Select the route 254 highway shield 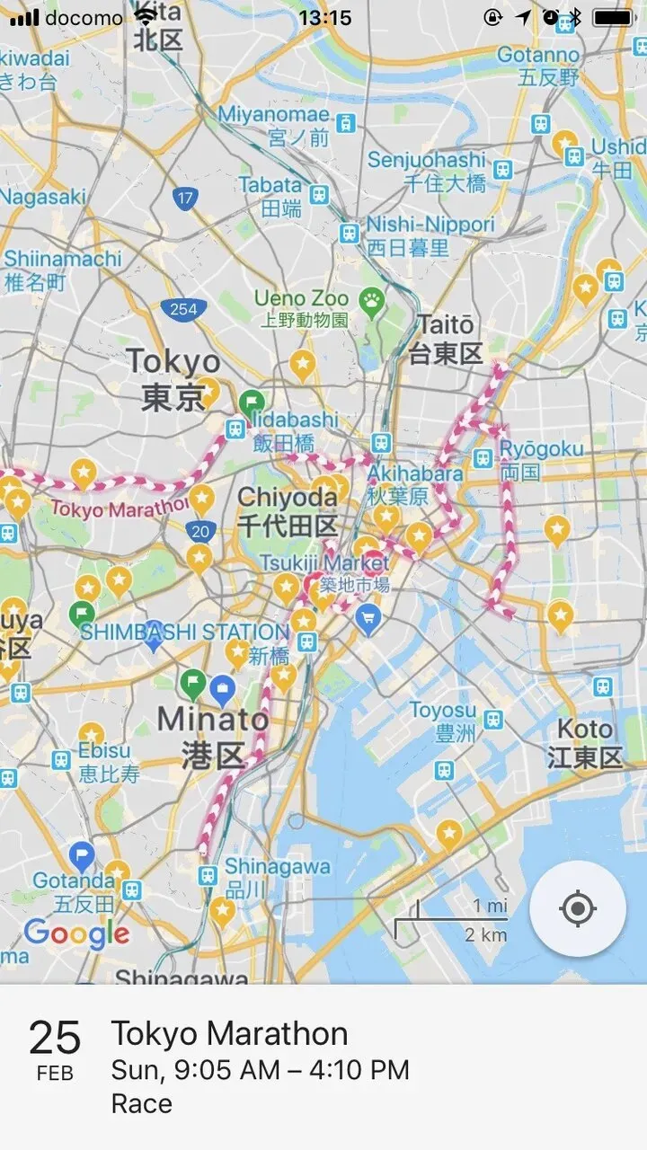pyautogui.click(x=183, y=310)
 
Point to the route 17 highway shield pyautogui.click(x=185, y=197)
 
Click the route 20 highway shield pyautogui.click(x=199, y=531)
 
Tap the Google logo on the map pyautogui.click(x=76, y=933)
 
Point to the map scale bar pyautogui.click(x=451, y=918)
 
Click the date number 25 pyautogui.click(x=55, y=1039)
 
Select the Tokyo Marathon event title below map pyautogui.click(x=229, y=1034)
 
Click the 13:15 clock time pyautogui.click(x=324, y=18)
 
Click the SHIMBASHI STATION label pyautogui.click(x=184, y=632)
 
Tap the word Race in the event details pyautogui.click(x=141, y=1103)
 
